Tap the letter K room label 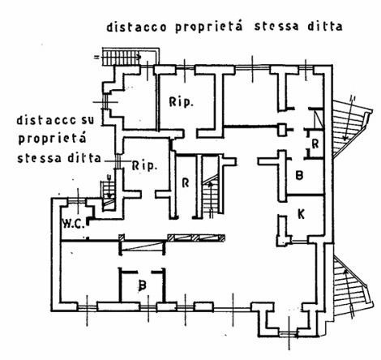click(x=301, y=214)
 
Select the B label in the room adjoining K click(x=299, y=175)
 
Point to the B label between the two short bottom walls click(x=142, y=285)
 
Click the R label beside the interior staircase click(x=186, y=182)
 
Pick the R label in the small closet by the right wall click(x=315, y=144)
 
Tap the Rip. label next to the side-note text click(x=144, y=165)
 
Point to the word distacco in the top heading click(x=136, y=28)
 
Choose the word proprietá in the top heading click(x=209, y=27)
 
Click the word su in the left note click(x=87, y=120)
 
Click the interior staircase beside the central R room click(x=211, y=197)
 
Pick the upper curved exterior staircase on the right click(x=349, y=127)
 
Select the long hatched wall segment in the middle click(x=196, y=238)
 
